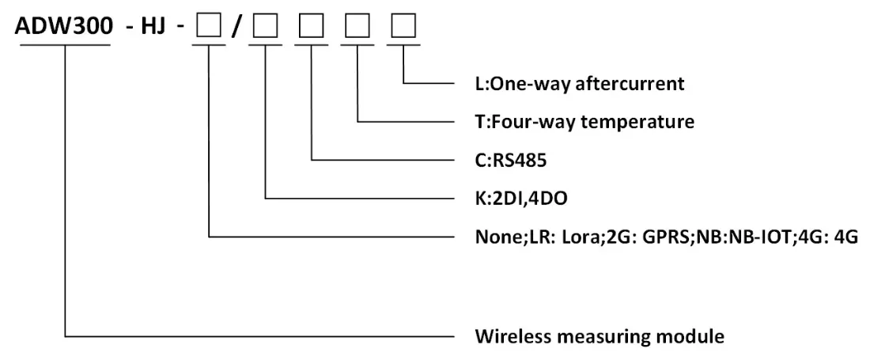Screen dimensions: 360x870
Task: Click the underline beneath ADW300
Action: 64,44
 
